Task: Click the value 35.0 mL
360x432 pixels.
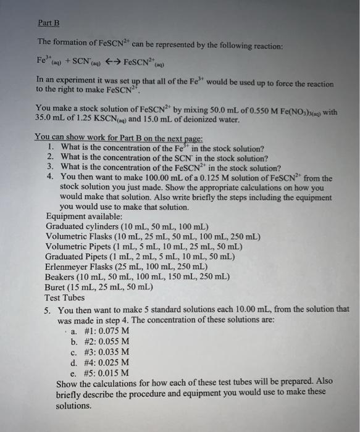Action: (51, 116)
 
